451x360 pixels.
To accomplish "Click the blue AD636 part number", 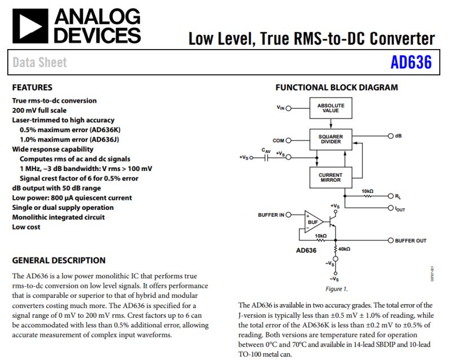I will coord(411,63).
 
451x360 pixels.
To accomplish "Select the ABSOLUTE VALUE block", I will coord(330,108).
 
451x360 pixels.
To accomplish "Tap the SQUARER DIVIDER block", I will coord(330,139).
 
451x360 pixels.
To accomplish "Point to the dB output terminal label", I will coord(398,136).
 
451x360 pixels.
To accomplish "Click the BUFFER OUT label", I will coord(410,241).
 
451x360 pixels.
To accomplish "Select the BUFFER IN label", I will coord(271,215).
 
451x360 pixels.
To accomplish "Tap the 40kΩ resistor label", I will coord(343,249).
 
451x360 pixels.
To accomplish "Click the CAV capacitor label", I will coord(266,150).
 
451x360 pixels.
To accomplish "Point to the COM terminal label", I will coord(278,141).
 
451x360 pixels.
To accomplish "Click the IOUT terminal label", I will coord(400,208).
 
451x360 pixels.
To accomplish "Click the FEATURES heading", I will coord(32,87).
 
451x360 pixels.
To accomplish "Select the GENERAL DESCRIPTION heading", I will coord(59,260).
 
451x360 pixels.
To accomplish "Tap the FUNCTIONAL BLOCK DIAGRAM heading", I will coord(337,87).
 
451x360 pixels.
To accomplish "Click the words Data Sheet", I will coord(39,63).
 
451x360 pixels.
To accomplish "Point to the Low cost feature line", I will coord(27,227).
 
